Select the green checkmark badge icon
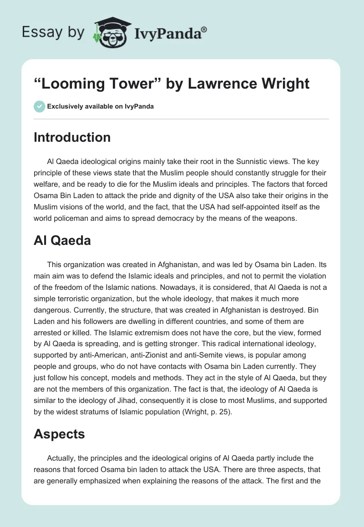(39, 106)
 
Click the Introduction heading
(72, 137)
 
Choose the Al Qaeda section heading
(62, 240)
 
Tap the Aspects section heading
(59, 434)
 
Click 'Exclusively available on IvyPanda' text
(100, 106)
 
